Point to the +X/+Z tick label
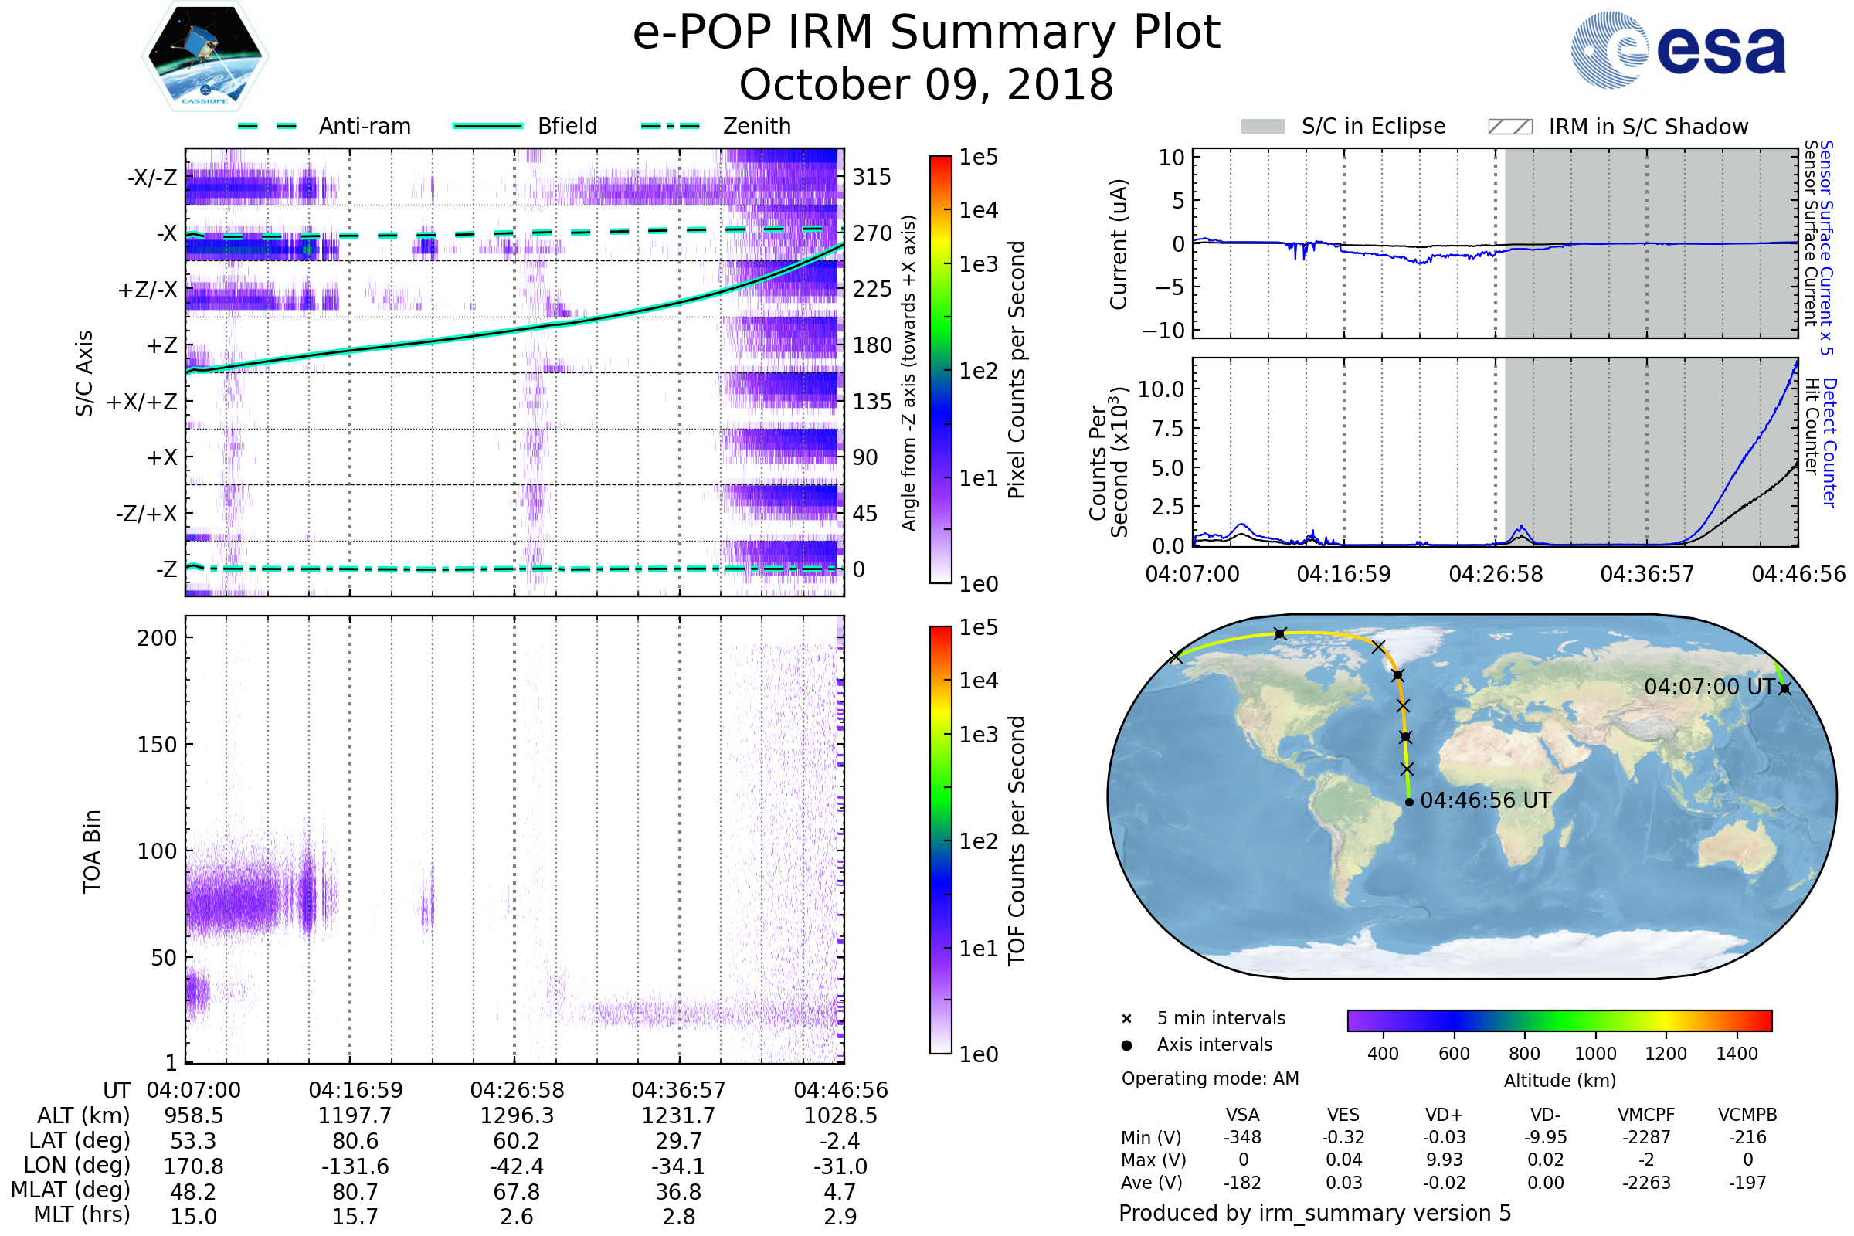(x=142, y=402)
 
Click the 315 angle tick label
(x=871, y=177)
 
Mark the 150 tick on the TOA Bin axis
(x=157, y=745)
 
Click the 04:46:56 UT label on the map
(x=1485, y=801)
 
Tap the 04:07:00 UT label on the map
(x=1709, y=688)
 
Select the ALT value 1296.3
(x=517, y=1116)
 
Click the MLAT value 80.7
(x=355, y=1192)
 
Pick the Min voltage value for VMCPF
(x=1646, y=1137)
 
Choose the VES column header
(x=1343, y=1115)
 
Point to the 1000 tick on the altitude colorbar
(x=1595, y=1054)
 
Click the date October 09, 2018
(x=926, y=84)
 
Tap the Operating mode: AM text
(x=1210, y=1078)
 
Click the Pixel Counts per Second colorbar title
(x=1017, y=369)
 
